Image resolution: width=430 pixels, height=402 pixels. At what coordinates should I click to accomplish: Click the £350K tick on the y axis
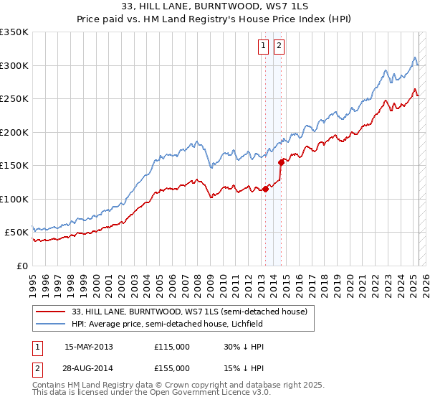coord(14,32)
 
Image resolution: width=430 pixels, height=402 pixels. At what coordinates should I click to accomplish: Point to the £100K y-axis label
coord(14,199)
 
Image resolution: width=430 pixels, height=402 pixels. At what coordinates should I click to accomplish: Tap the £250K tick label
coord(14,99)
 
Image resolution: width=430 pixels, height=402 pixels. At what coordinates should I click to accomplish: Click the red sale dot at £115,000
coord(265,190)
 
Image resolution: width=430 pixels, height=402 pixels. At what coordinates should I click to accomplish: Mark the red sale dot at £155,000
coord(282,162)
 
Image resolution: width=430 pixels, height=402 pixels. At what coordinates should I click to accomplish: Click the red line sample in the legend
coord(51,312)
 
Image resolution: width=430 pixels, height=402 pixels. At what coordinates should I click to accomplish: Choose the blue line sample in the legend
coord(51,324)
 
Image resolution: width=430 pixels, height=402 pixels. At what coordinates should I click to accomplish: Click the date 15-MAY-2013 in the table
coord(89,347)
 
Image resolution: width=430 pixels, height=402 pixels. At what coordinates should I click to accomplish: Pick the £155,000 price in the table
coord(172,367)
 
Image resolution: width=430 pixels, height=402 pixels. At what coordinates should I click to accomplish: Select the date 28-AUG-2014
coord(89,367)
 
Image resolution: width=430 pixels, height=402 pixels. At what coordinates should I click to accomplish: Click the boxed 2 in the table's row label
coord(35,367)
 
